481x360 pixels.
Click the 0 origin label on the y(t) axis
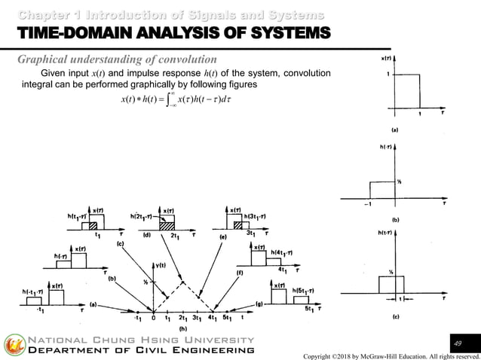(154, 318)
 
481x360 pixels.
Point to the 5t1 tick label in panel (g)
(309, 309)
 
